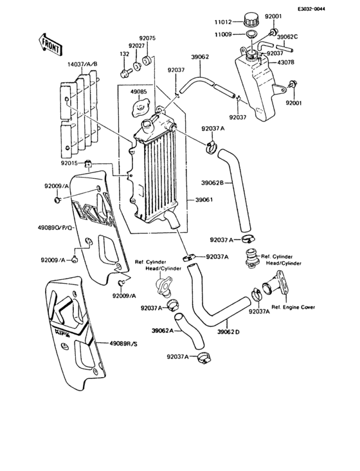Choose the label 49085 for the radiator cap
(139, 92)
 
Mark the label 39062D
(228, 332)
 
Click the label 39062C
(287, 37)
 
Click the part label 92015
(70, 163)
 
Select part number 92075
(148, 38)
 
